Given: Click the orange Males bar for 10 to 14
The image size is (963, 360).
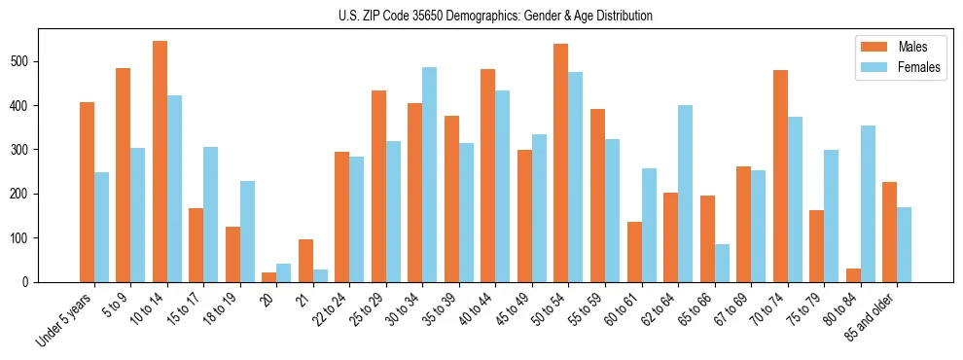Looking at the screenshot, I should tap(160, 162).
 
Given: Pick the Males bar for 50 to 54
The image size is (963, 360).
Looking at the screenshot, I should tap(561, 163).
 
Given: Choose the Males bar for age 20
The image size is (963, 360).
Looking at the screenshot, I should tap(269, 277).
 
